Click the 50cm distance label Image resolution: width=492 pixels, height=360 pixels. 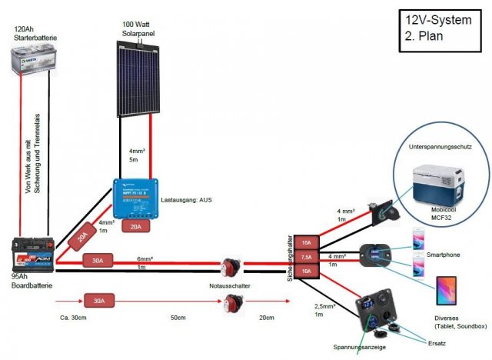pyautogui.click(x=178, y=316)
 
